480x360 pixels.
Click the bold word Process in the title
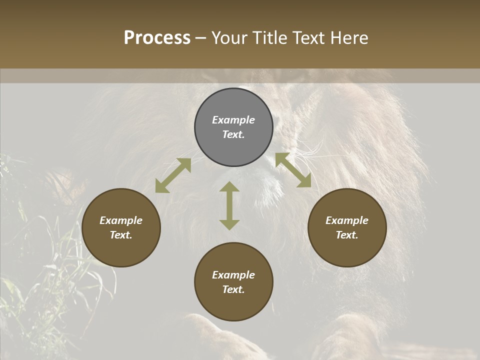coord(157,38)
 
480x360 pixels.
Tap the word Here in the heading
coord(348,38)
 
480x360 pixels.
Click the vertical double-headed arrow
coord(229,205)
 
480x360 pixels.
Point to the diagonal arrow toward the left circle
coord(173,175)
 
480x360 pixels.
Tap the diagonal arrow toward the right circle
coord(293,170)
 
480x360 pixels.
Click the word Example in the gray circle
coord(233,120)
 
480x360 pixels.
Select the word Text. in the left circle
coord(121,235)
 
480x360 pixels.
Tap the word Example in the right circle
coord(347,220)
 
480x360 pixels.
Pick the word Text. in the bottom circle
coord(233,289)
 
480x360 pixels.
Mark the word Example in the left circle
coord(121,220)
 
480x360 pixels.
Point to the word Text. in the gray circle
coord(233,134)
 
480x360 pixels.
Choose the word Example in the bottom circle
coord(233,275)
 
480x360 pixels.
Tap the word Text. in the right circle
coord(347,235)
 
